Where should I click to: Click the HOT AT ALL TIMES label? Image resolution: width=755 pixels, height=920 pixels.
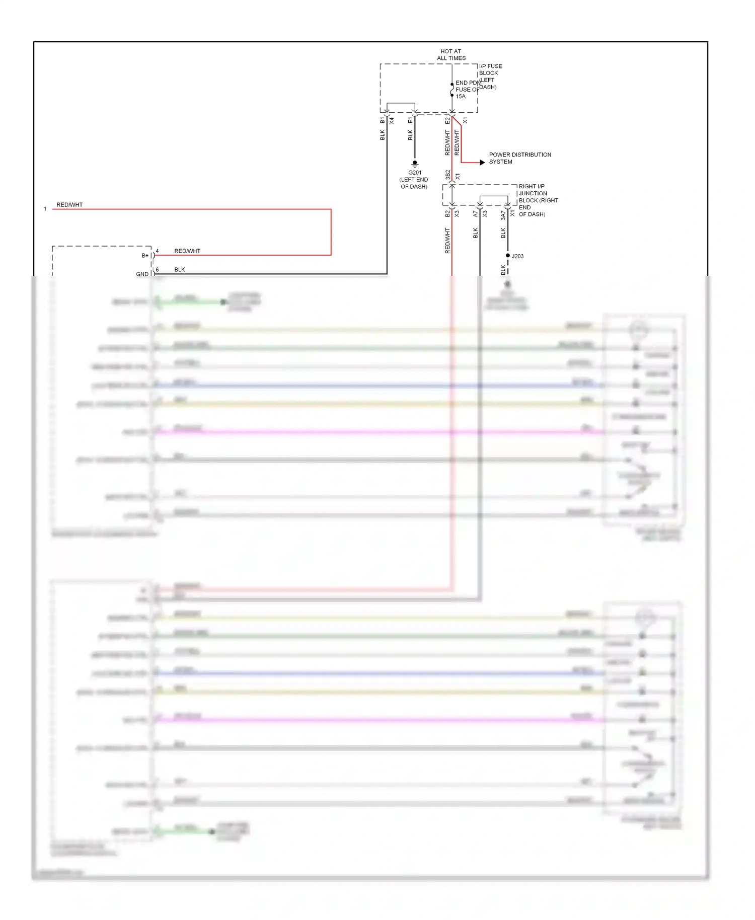(x=451, y=55)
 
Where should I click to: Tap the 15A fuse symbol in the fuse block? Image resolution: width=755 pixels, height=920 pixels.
(x=452, y=90)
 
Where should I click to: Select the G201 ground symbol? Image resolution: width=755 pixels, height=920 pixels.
(x=415, y=164)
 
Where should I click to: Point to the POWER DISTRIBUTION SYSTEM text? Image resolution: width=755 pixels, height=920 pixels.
(x=519, y=158)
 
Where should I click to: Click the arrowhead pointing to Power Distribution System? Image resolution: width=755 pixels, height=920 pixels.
(x=482, y=163)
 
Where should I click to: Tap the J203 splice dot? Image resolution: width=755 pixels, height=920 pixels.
(x=507, y=256)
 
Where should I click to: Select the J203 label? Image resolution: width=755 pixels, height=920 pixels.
(x=518, y=256)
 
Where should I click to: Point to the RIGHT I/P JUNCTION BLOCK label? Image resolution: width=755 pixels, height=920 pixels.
(x=538, y=200)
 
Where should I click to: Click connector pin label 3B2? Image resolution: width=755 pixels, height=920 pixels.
(x=447, y=175)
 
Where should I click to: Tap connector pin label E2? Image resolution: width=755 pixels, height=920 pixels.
(x=447, y=120)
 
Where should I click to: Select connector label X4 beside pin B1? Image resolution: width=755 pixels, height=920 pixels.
(x=392, y=121)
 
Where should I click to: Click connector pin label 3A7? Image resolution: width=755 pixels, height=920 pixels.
(x=503, y=215)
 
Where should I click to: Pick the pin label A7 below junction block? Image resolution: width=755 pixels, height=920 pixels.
(x=475, y=214)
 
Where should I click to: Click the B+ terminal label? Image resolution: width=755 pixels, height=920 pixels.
(x=145, y=256)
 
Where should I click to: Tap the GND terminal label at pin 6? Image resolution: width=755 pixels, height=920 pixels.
(x=142, y=274)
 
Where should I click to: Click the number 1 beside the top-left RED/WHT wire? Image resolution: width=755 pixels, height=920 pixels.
(x=45, y=209)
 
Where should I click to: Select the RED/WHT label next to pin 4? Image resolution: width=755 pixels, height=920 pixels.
(x=187, y=251)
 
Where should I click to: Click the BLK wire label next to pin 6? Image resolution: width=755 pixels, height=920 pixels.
(x=180, y=269)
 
